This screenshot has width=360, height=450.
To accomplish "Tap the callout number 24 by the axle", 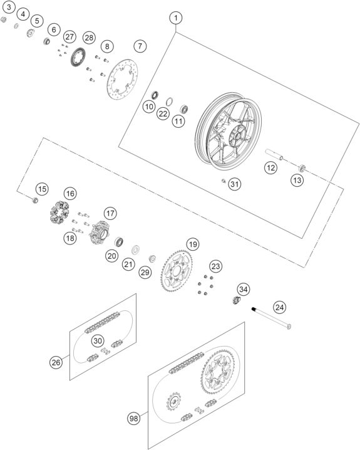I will (279, 307).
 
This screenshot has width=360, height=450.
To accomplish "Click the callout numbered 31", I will (234, 184).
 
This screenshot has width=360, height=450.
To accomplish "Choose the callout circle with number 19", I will (192, 244).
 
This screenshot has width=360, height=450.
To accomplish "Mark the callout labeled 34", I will (243, 289).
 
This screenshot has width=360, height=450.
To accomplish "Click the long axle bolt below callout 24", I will (272, 318).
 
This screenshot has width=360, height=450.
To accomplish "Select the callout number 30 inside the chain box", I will (98, 340).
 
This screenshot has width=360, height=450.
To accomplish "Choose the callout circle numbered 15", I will (41, 189).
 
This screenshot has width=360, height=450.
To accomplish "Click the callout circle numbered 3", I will (9, 7).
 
